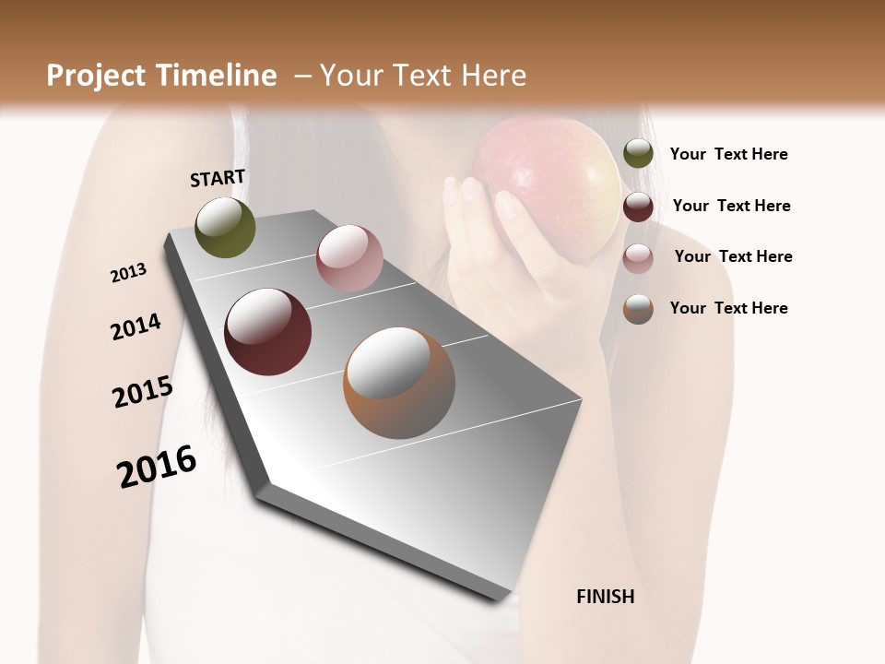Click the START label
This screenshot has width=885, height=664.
(218, 178)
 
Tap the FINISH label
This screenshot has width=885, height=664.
(605, 597)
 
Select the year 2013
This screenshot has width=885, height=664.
(128, 273)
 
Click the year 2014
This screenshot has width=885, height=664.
(136, 326)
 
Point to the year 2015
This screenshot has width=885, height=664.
(143, 392)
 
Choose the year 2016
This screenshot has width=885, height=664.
(157, 467)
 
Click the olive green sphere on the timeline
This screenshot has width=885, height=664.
(225, 227)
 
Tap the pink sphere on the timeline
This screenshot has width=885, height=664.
(349, 258)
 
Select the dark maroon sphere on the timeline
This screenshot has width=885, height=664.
(267, 332)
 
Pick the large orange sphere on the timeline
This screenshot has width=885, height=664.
(399, 383)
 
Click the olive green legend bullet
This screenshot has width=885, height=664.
(638, 154)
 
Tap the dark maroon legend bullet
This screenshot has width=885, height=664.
(638, 207)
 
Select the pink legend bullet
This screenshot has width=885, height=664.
(638, 258)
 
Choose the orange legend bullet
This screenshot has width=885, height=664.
(638, 309)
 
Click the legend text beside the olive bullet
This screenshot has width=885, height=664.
(728, 154)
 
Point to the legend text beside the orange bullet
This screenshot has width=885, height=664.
(728, 308)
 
